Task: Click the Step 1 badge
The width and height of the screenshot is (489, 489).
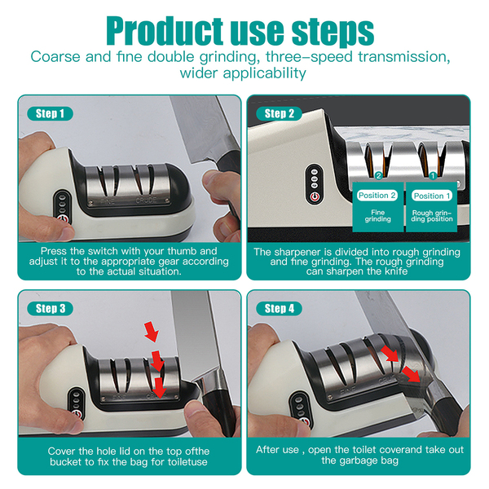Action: click(51, 113)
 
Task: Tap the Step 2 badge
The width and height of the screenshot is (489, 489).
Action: click(279, 113)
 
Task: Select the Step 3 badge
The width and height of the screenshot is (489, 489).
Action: click(51, 308)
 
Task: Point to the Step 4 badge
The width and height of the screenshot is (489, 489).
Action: click(279, 308)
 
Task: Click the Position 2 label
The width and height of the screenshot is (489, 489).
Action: click(377, 196)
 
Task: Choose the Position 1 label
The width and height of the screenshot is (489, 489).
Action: click(432, 196)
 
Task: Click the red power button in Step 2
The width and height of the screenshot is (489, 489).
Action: click(315, 197)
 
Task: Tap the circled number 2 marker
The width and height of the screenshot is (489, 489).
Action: click(379, 176)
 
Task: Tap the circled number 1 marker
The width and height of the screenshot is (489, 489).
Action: click(433, 176)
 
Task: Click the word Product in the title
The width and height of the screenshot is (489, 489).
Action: click(165, 31)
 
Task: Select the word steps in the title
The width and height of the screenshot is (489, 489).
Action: click(333, 33)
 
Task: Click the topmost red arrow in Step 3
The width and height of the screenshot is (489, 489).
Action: click(152, 332)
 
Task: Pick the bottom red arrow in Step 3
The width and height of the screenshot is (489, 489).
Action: click(161, 388)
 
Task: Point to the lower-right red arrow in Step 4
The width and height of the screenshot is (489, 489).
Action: click(411, 374)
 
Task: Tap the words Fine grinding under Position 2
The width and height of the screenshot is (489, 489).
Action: click(377, 216)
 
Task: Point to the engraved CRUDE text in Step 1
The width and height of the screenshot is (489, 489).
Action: click(146, 200)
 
